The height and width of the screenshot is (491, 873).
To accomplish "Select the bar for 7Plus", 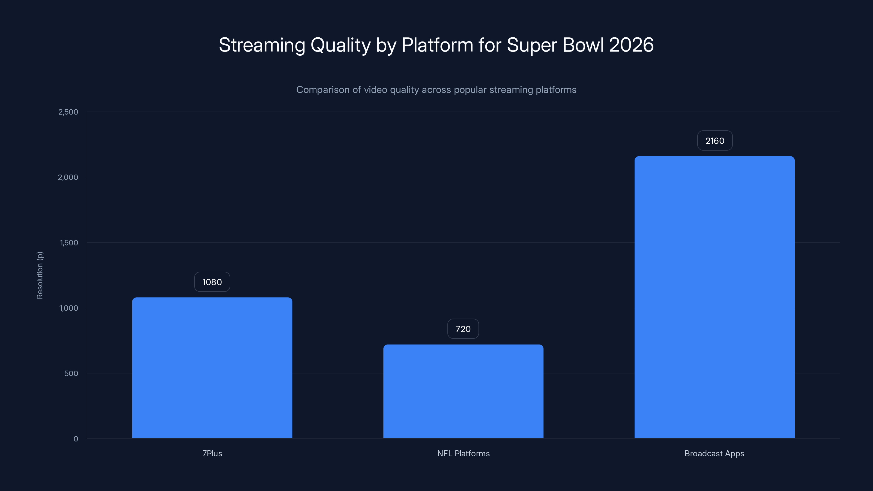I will pyautogui.click(x=212, y=368).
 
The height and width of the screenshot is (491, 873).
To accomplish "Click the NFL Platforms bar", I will pyautogui.click(x=463, y=391).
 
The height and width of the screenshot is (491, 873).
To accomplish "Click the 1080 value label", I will pyautogui.click(x=212, y=282).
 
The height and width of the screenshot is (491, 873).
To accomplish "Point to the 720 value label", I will pyautogui.click(x=463, y=329).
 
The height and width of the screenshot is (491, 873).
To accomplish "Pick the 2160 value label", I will pyautogui.click(x=715, y=141).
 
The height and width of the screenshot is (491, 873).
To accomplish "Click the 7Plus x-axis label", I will pyautogui.click(x=212, y=453).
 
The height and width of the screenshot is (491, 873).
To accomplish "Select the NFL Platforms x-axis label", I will pyautogui.click(x=463, y=453).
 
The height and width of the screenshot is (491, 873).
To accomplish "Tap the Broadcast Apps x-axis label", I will pyautogui.click(x=714, y=453).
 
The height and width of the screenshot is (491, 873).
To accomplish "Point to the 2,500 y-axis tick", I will pyautogui.click(x=68, y=112).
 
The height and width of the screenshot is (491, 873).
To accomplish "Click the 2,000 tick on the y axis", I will pyautogui.click(x=68, y=177).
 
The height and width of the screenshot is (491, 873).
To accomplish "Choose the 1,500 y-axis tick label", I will pyautogui.click(x=69, y=242).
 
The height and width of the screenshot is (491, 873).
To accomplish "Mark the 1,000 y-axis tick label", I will pyautogui.click(x=69, y=308).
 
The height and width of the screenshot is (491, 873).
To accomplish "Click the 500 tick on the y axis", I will pyautogui.click(x=71, y=373).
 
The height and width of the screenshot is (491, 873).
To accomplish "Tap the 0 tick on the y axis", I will pyautogui.click(x=76, y=439).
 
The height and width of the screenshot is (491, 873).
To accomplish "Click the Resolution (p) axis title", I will pyautogui.click(x=40, y=275).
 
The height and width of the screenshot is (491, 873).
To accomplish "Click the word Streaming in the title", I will pyautogui.click(x=262, y=45).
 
